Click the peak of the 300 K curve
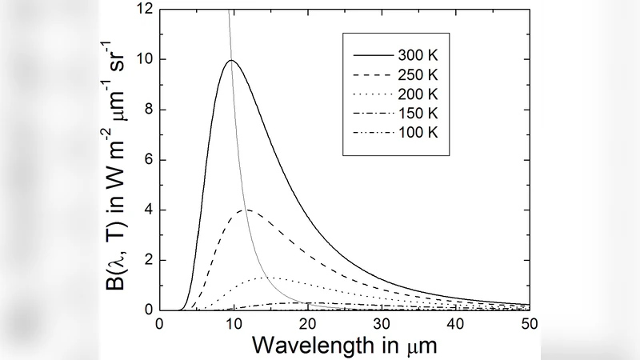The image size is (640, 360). pos(231,60)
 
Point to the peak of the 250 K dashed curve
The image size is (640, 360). pos(248,210)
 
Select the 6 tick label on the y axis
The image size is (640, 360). pos(145,160)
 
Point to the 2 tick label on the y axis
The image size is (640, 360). pos(145,260)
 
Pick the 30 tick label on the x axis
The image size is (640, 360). pos(381,324)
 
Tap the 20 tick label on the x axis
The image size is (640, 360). pos(307,324)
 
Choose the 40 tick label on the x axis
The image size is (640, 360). pos(455,324)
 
